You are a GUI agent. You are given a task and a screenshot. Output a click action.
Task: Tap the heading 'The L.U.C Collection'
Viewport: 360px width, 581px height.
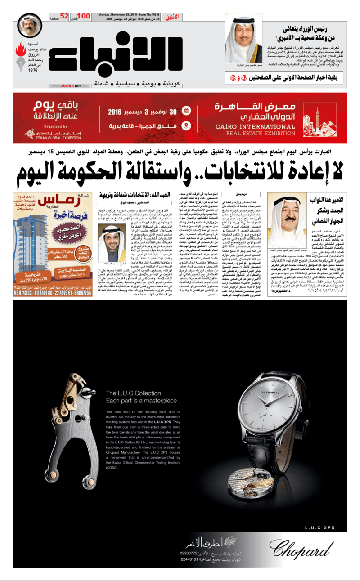coord(131,393)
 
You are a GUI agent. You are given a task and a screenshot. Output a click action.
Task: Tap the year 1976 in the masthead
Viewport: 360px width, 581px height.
coord(33,70)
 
